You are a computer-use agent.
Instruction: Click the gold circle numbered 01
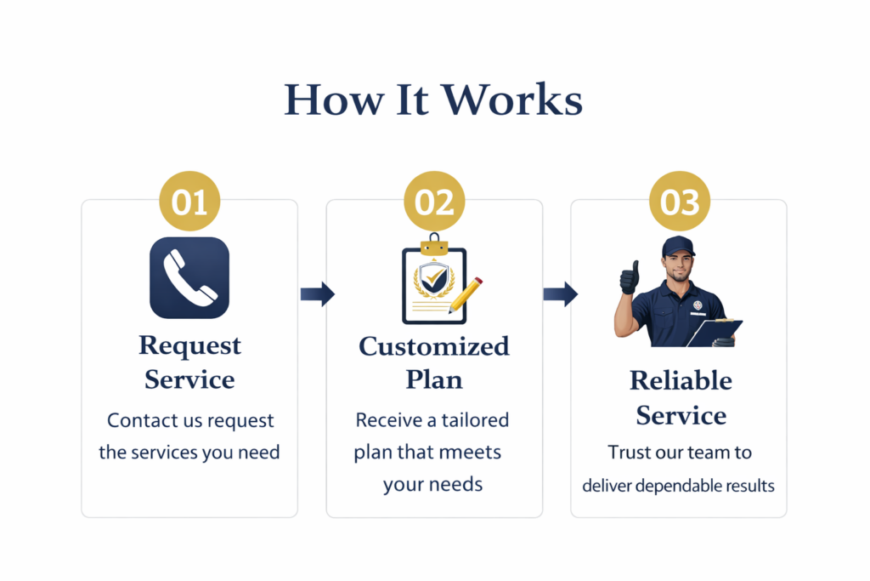(189, 202)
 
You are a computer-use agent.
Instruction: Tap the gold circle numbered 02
(433, 202)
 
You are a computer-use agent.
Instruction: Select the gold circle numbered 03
(679, 202)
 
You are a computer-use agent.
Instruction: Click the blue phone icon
(189, 277)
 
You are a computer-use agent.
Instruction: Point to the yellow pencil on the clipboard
(466, 293)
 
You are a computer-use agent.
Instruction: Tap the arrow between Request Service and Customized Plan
(317, 294)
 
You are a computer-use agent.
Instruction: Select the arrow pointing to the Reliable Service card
(560, 294)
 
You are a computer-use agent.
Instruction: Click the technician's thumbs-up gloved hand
(629, 277)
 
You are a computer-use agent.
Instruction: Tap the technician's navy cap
(678, 247)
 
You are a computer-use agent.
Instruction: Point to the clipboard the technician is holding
(714, 332)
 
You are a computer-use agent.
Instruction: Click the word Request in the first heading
(190, 345)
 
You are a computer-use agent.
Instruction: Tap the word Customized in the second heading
(434, 346)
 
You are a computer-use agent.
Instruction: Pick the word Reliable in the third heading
(681, 380)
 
